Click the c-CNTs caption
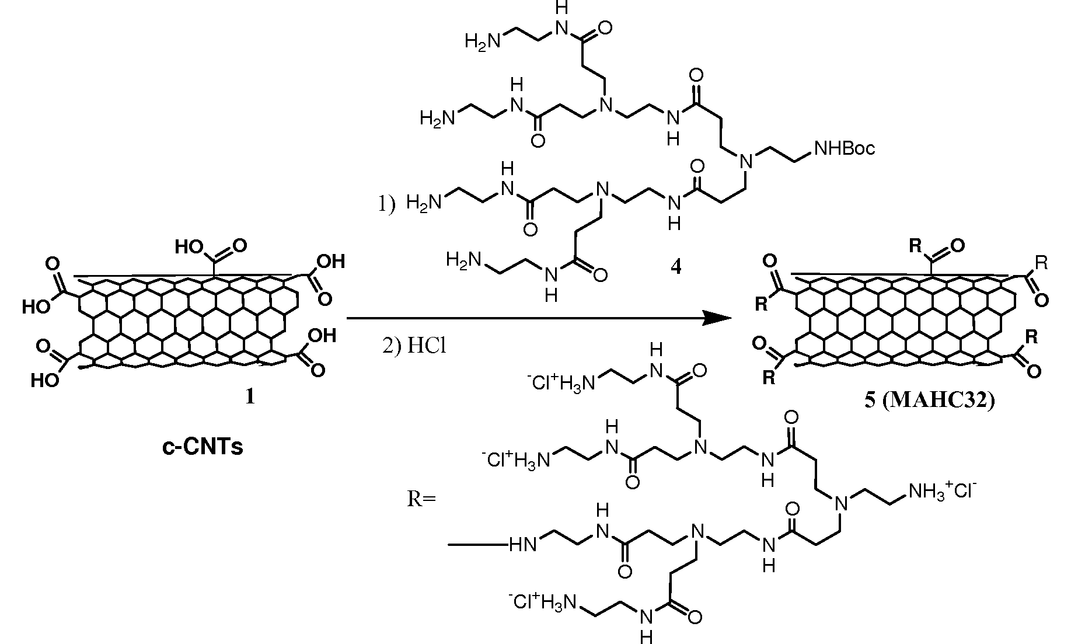(x=202, y=447)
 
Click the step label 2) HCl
(x=414, y=346)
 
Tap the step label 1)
(x=384, y=204)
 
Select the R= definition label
(x=421, y=500)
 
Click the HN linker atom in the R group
(x=523, y=545)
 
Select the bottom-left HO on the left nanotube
(x=45, y=381)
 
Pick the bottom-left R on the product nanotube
(x=769, y=378)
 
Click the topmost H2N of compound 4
(x=483, y=41)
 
